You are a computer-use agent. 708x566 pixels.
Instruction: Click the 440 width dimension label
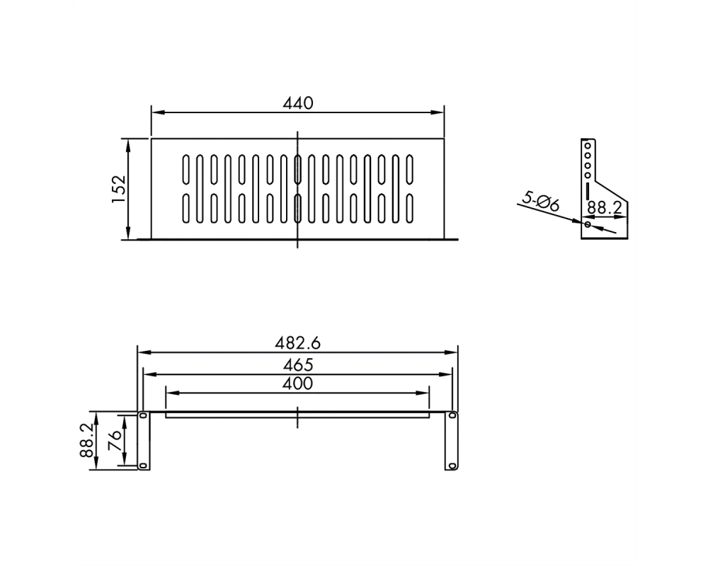tap(297, 103)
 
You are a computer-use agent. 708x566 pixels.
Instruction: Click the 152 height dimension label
tap(118, 189)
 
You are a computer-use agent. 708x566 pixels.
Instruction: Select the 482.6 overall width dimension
tap(297, 343)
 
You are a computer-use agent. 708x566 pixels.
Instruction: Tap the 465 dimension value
tap(297, 364)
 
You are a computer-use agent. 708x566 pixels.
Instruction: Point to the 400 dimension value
tap(297, 383)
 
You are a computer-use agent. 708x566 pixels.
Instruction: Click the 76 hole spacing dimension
tap(115, 440)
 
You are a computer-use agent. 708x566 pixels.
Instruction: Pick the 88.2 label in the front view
tap(86, 441)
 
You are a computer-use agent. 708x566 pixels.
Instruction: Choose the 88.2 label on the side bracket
tap(605, 207)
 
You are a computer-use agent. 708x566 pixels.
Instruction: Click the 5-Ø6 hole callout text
tap(541, 202)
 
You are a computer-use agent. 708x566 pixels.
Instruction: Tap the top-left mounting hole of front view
tap(143, 415)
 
